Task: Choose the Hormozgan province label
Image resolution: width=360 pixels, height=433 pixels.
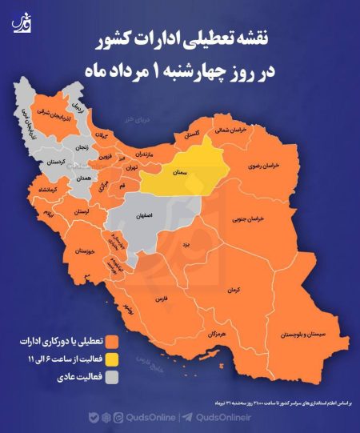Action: pyautogui.click(x=214, y=331)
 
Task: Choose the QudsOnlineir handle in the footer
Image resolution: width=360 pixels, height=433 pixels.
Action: pyautogui.click(x=223, y=417)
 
